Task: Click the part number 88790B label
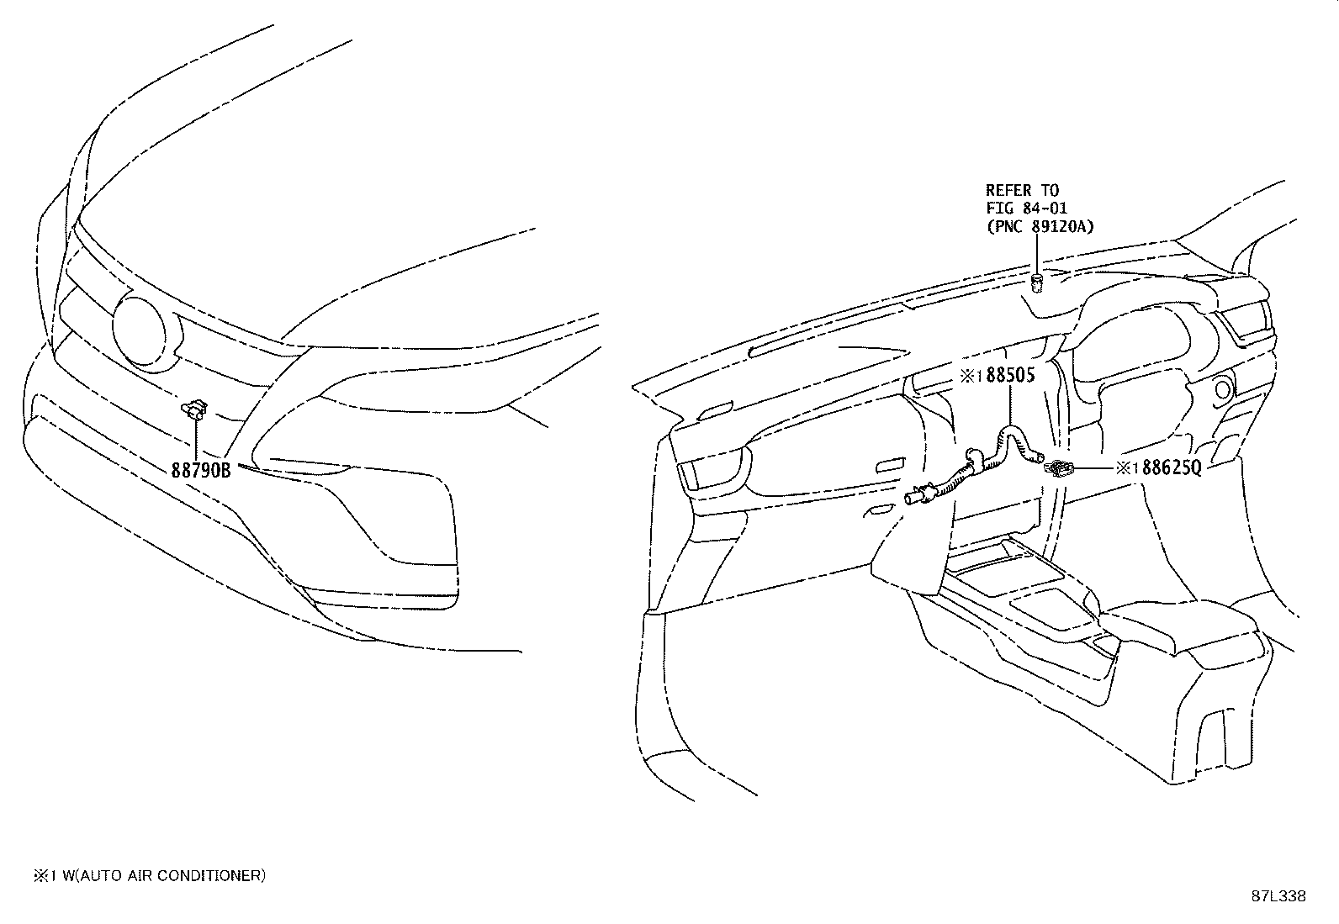(201, 470)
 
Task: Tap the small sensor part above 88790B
(194, 409)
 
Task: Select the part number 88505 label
(1010, 375)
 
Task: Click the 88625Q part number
(1171, 467)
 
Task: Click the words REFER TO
(1022, 191)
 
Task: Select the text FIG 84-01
(1026, 209)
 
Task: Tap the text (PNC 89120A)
(1040, 227)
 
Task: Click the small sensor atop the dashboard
(1037, 283)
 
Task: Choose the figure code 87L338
(1278, 896)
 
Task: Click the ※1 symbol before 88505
(972, 376)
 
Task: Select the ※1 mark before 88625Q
(1127, 468)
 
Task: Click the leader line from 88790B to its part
(196, 439)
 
